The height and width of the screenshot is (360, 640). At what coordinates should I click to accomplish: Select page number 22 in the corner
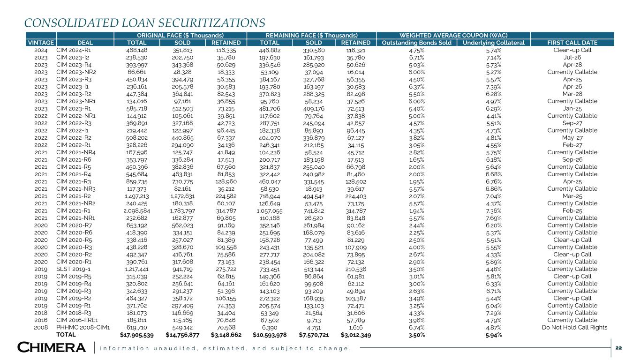(x=618, y=347)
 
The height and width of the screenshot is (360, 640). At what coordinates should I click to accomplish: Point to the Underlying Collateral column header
(x=493, y=43)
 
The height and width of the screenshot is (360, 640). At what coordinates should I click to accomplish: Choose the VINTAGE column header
(x=40, y=43)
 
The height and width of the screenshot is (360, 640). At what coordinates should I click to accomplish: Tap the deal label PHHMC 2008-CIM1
(x=83, y=328)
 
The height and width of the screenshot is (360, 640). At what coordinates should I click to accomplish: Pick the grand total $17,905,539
(x=134, y=335)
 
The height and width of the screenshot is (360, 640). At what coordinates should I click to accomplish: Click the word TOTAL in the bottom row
(x=66, y=335)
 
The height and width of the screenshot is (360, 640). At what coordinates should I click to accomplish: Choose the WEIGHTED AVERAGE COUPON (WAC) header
(x=453, y=35)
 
